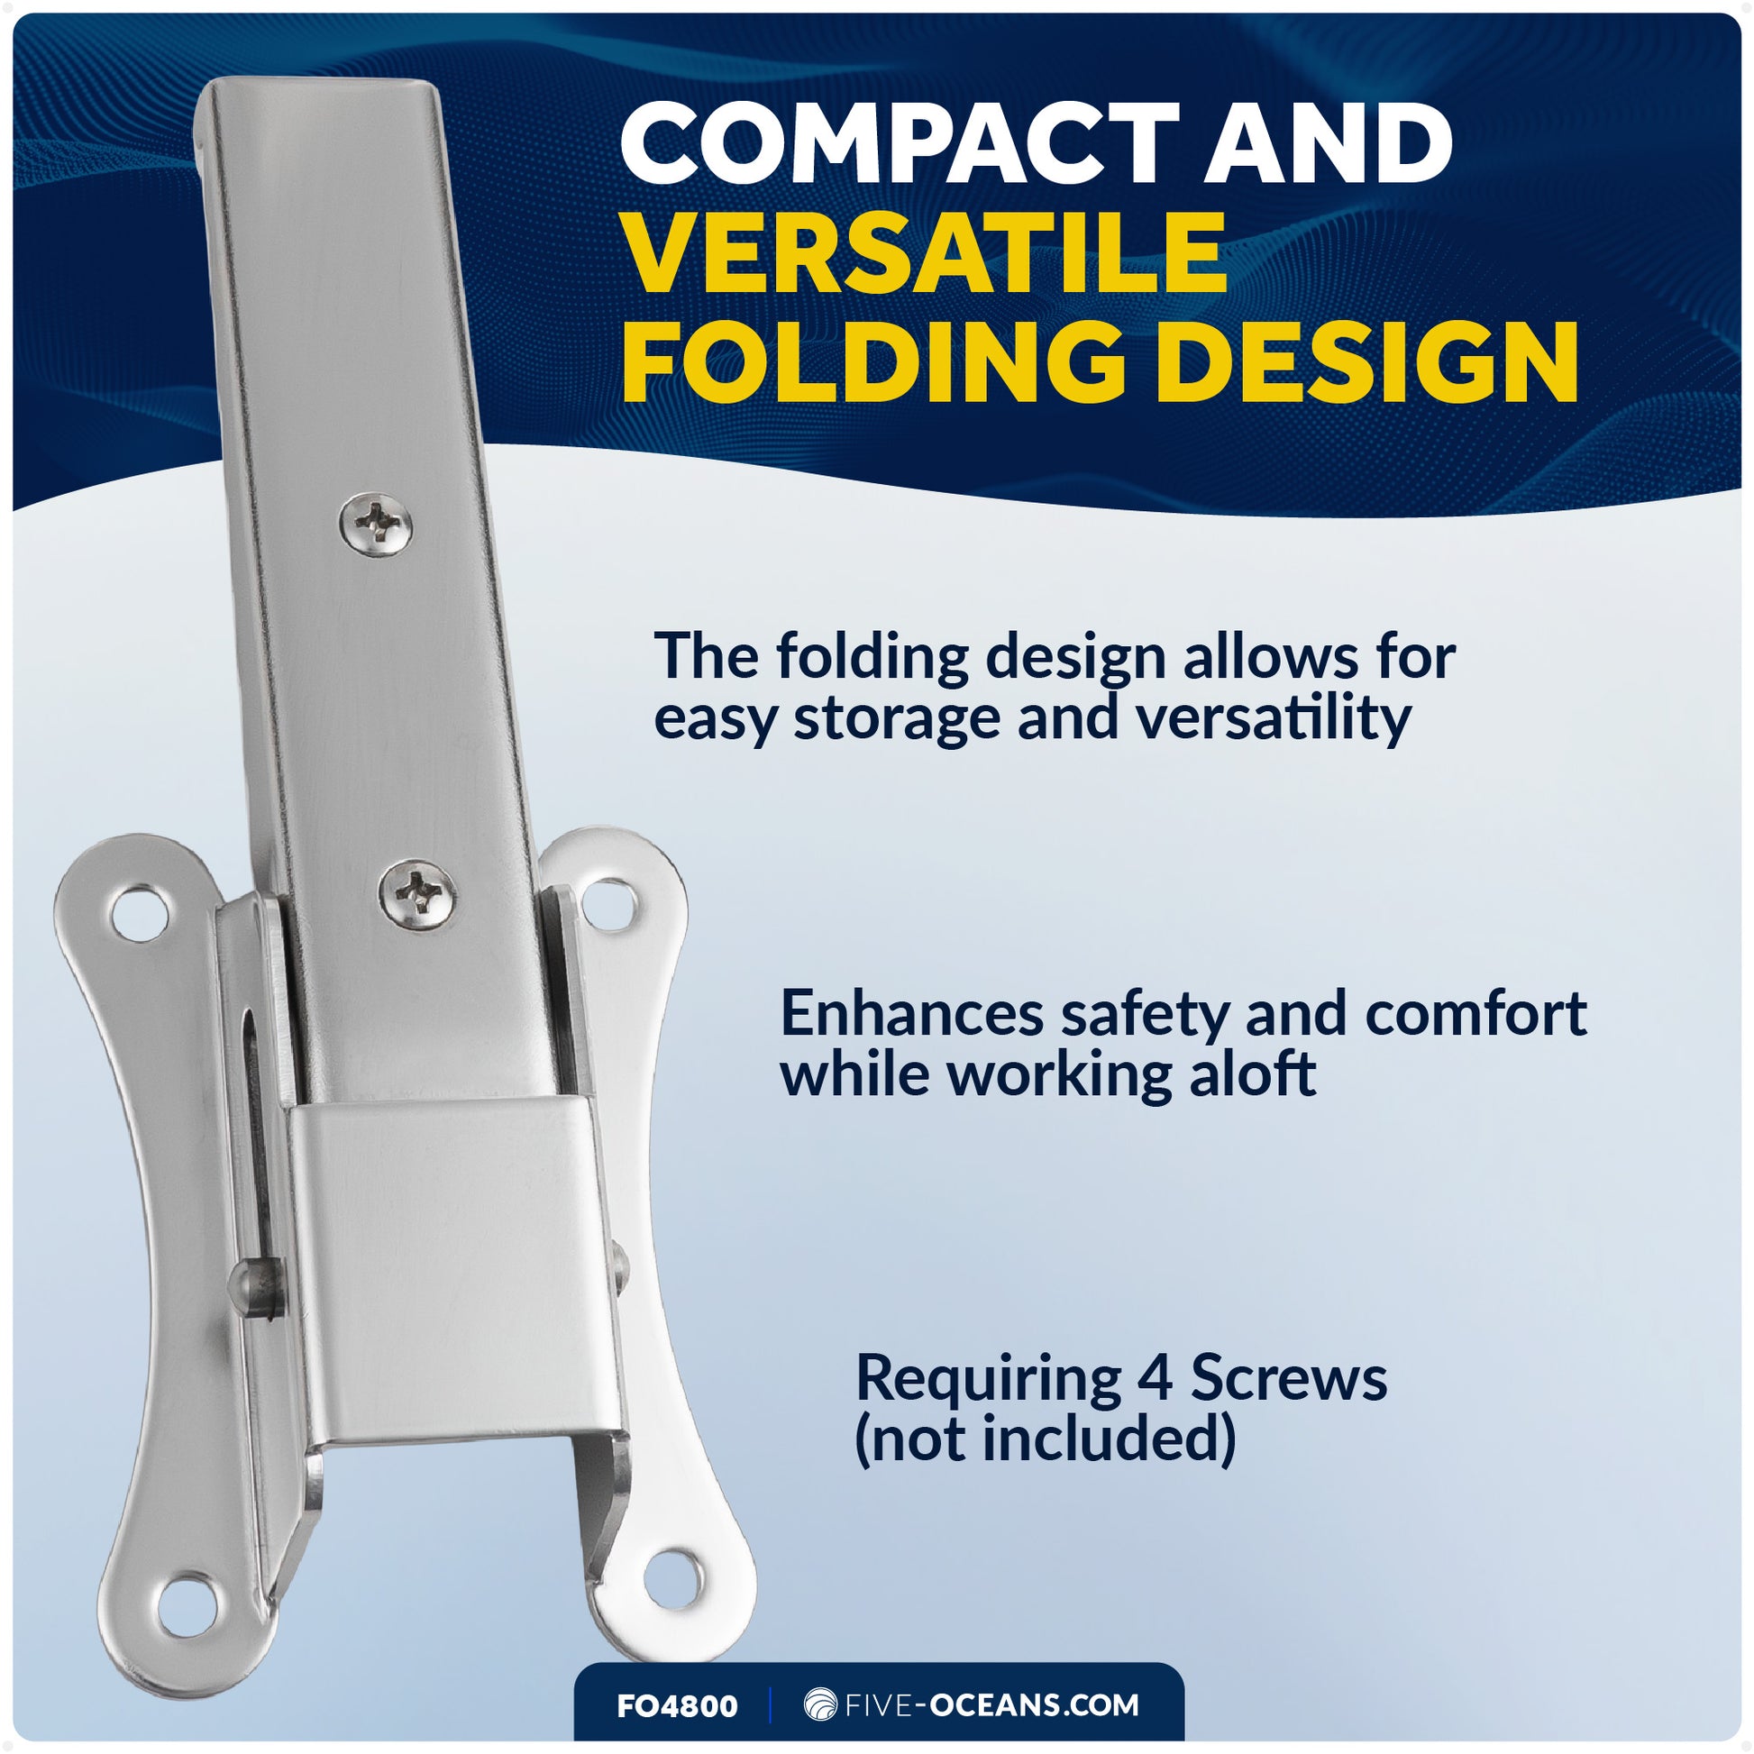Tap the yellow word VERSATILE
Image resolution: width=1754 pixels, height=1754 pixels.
coord(925,254)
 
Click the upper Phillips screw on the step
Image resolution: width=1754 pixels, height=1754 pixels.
coord(376,523)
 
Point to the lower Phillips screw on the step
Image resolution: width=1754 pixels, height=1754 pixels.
coord(416,893)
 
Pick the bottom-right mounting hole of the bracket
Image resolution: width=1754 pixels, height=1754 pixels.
coord(673,1578)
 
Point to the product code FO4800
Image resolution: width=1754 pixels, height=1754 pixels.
coord(677,1706)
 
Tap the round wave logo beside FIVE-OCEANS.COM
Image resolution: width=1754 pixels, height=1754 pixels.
coord(820,1705)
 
